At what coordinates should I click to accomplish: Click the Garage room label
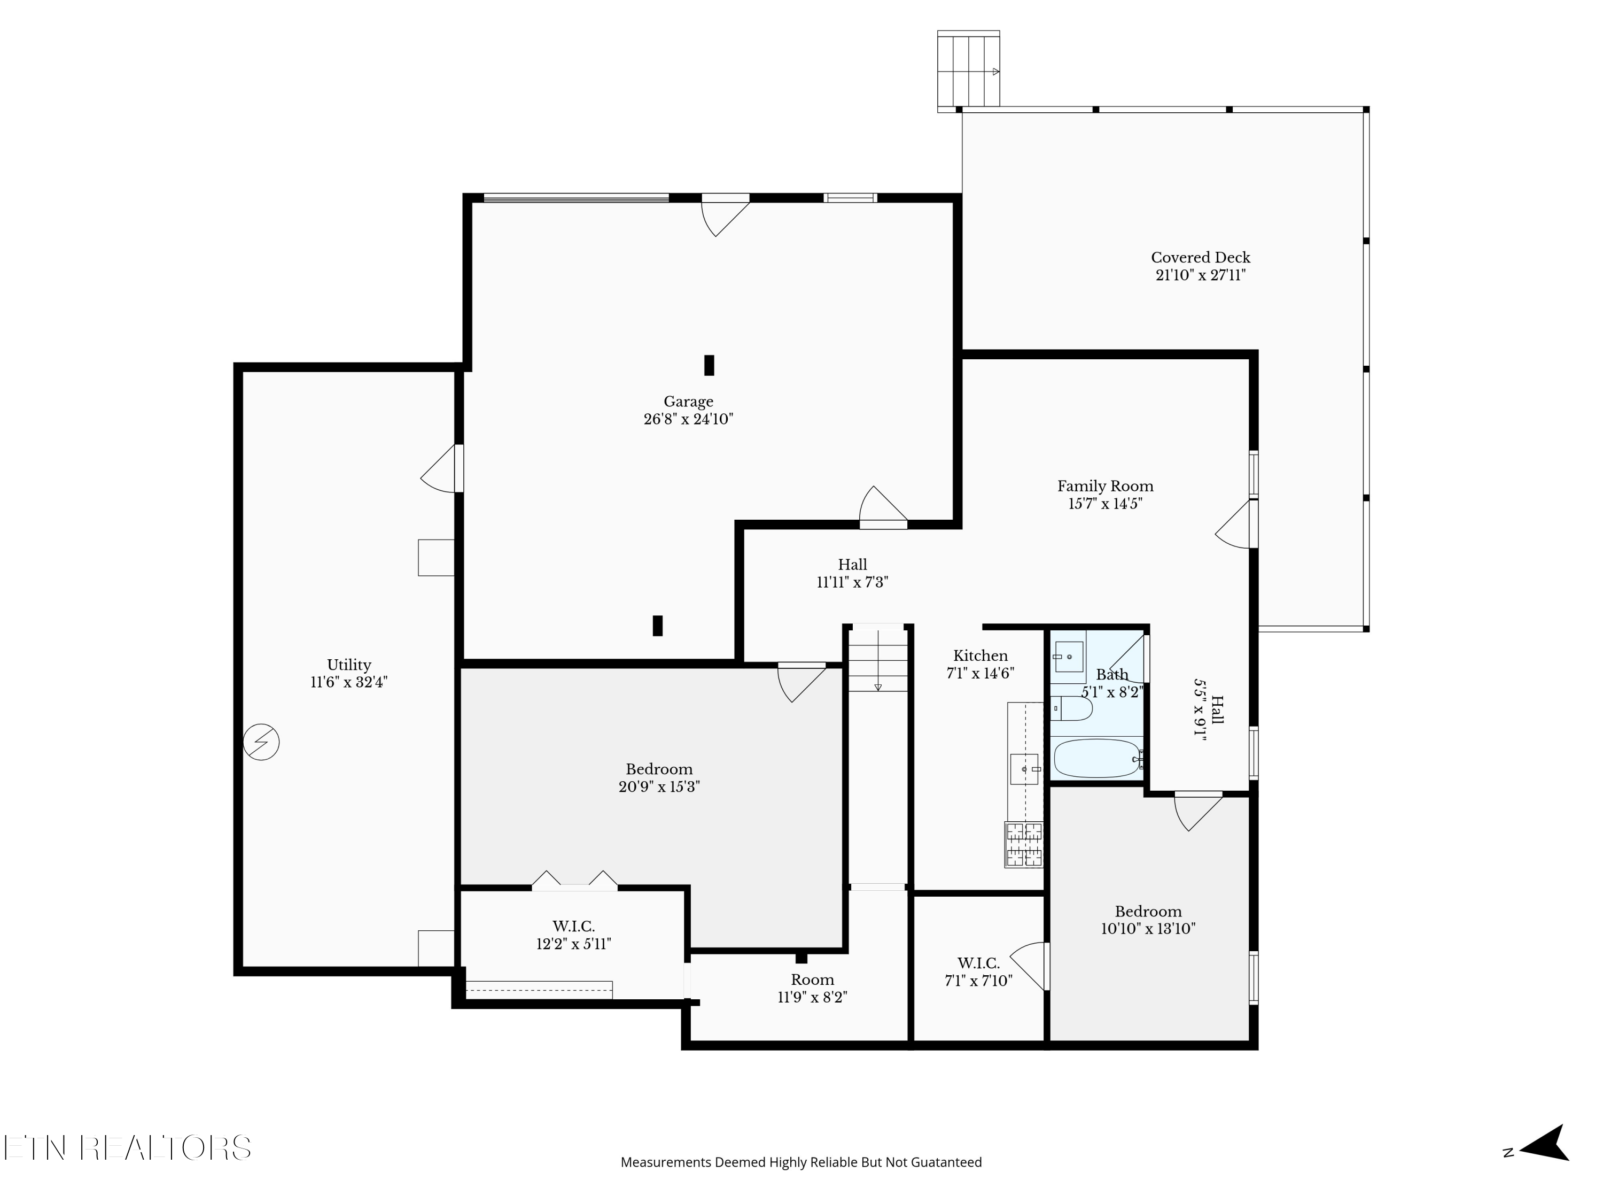pos(688,402)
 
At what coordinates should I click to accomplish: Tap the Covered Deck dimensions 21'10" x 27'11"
pos(1200,275)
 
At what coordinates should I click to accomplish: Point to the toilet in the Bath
pos(1072,708)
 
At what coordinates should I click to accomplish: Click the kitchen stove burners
pos(1023,845)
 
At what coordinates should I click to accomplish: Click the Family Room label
pos(1104,487)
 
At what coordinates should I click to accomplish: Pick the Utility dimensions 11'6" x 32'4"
pos(349,682)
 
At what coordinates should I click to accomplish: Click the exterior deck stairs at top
pos(968,71)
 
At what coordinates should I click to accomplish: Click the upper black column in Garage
pos(709,365)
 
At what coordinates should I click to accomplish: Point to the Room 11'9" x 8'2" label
pos(812,980)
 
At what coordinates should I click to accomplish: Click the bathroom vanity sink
pos(1069,656)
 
